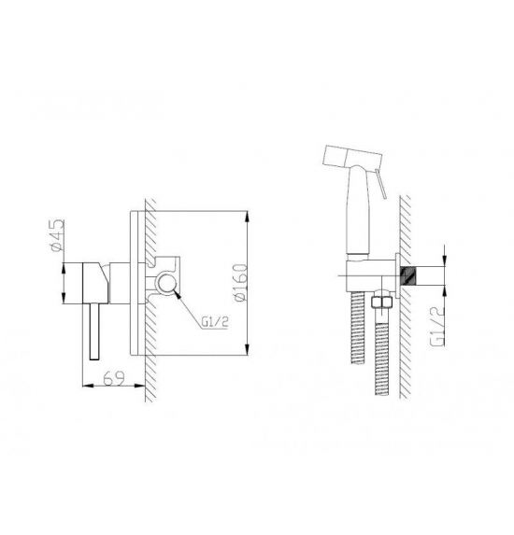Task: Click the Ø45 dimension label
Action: point(57,236)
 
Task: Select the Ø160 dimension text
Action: point(240,282)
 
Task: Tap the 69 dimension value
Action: point(114,378)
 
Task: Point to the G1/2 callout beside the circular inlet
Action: point(215,322)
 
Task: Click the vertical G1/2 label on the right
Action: point(438,326)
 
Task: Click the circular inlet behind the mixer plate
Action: point(167,284)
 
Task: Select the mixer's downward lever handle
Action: point(94,331)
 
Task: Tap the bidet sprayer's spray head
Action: point(351,156)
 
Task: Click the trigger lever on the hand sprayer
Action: point(380,183)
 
